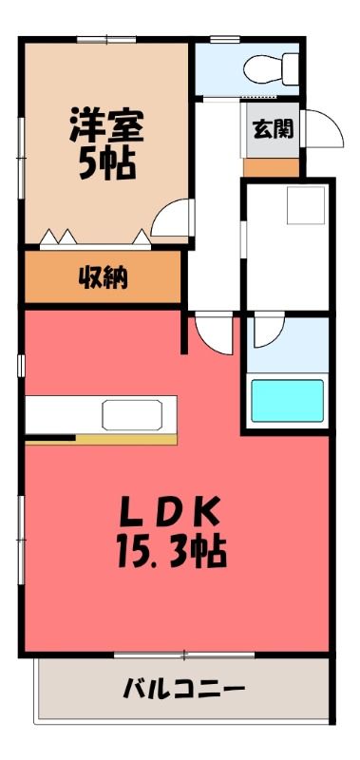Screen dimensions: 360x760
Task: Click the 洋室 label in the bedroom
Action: point(106,124)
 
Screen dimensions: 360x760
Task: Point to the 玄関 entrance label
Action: point(273,129)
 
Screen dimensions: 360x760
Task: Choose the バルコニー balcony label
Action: point(183,689)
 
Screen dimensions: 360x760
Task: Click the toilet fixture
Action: point(271,68)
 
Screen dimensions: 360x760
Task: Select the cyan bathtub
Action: point(287,400)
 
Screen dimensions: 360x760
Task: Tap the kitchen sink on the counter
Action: point(132,415)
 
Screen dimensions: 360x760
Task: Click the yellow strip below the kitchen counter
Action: point(126,439)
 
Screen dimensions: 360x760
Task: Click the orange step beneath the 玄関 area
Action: point(271,167)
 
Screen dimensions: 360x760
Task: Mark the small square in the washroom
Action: point(306,205)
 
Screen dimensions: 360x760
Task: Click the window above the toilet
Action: point(225,39)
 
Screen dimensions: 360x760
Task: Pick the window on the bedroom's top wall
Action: point(106,39)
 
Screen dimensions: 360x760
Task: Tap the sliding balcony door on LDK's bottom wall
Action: point(184,655)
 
